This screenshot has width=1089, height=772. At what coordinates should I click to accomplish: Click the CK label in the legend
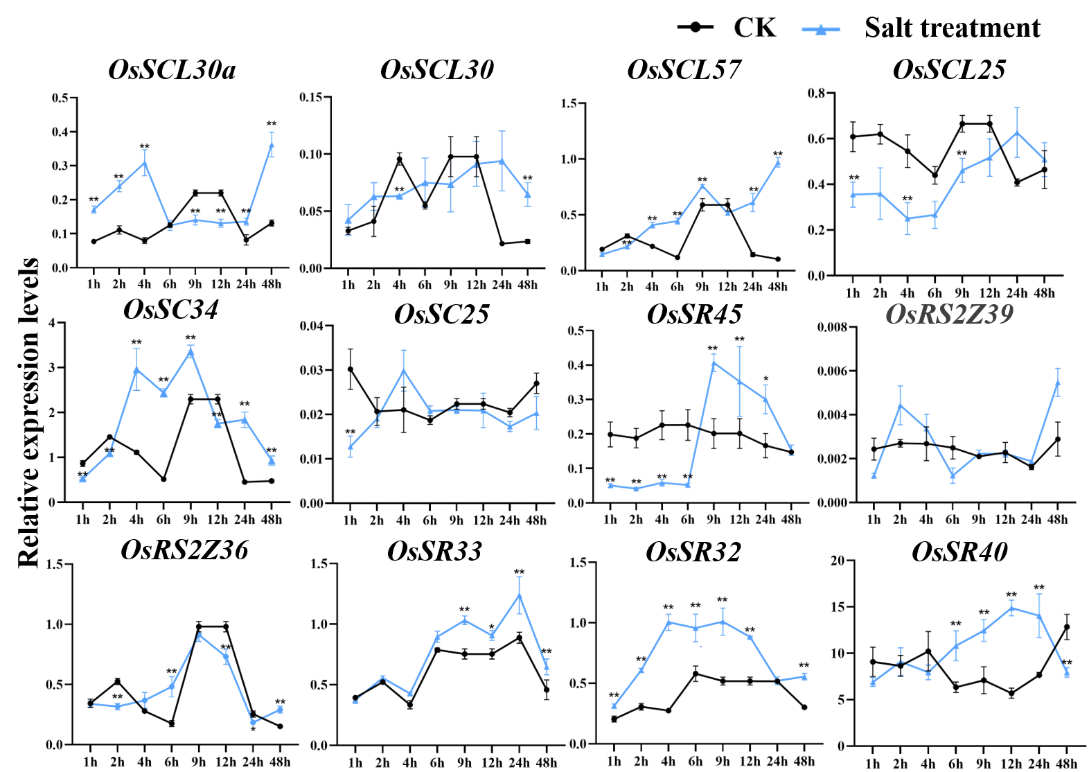[x=755, y=28]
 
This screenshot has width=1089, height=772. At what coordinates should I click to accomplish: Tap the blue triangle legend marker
[x=821, y=28]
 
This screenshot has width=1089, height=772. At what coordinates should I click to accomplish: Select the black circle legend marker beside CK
[x=696, y=28]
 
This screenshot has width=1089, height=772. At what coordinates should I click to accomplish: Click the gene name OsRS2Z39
[x=949, y=314]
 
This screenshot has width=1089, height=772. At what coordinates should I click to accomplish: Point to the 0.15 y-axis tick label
[x=311, y=97]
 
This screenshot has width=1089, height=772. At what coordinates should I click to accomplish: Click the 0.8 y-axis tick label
[x=817, y=94]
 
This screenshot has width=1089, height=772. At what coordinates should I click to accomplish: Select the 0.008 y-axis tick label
[x=832, y=326]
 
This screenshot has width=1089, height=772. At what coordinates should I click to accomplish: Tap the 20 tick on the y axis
[x=838, y=561]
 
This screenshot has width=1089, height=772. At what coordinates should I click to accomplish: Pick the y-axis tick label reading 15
[x=838, y=607]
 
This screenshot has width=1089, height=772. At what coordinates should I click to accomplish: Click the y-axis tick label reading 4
[x=52, y=323]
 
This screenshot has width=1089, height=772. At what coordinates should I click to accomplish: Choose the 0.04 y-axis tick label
[x=311, y=326]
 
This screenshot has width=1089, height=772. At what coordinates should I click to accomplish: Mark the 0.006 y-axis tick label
[x=832, y=371]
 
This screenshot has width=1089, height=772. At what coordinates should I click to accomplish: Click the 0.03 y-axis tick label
[x=311, y=371]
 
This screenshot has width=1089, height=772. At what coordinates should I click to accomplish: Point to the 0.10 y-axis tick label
[x=311, y=155]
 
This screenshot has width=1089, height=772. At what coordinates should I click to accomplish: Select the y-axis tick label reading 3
[x=52, y=368]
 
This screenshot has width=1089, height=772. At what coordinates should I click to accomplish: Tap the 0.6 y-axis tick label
[x=817, y=139]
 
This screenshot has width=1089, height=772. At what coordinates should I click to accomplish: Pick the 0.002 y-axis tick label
[x=832, y=459]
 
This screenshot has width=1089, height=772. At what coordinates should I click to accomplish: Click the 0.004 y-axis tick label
[x=832, y=415]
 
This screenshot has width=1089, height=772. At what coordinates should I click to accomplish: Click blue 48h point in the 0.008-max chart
[x=1058, y=382]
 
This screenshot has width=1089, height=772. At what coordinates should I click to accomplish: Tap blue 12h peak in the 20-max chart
[x=1011, y=607]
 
